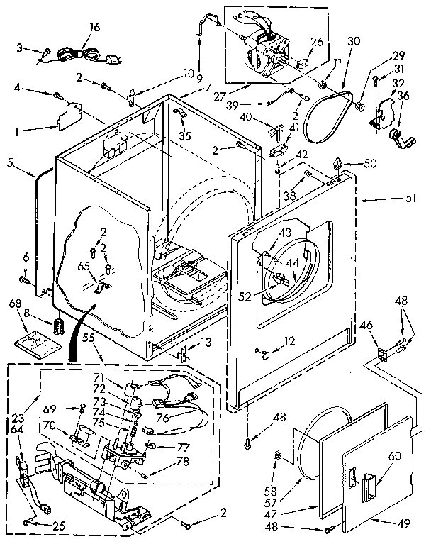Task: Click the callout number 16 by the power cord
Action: coord(94,28)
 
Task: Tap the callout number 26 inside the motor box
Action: coord(317,42)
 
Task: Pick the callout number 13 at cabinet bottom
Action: coord(206,343)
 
